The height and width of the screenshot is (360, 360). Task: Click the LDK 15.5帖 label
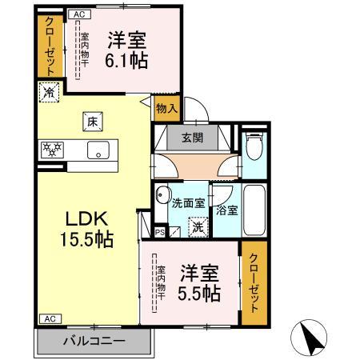[82, 229]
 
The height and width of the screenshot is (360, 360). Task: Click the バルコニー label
[94, 339]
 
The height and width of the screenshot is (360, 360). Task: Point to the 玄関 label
[192, 136]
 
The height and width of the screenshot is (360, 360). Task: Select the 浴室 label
[227, 210]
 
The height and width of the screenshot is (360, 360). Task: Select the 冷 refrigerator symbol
[47, 94]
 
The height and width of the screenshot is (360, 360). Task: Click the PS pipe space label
[159, 233]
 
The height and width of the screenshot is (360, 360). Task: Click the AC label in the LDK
[47, 318]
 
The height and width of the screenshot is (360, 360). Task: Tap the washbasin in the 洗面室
[162, 194]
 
